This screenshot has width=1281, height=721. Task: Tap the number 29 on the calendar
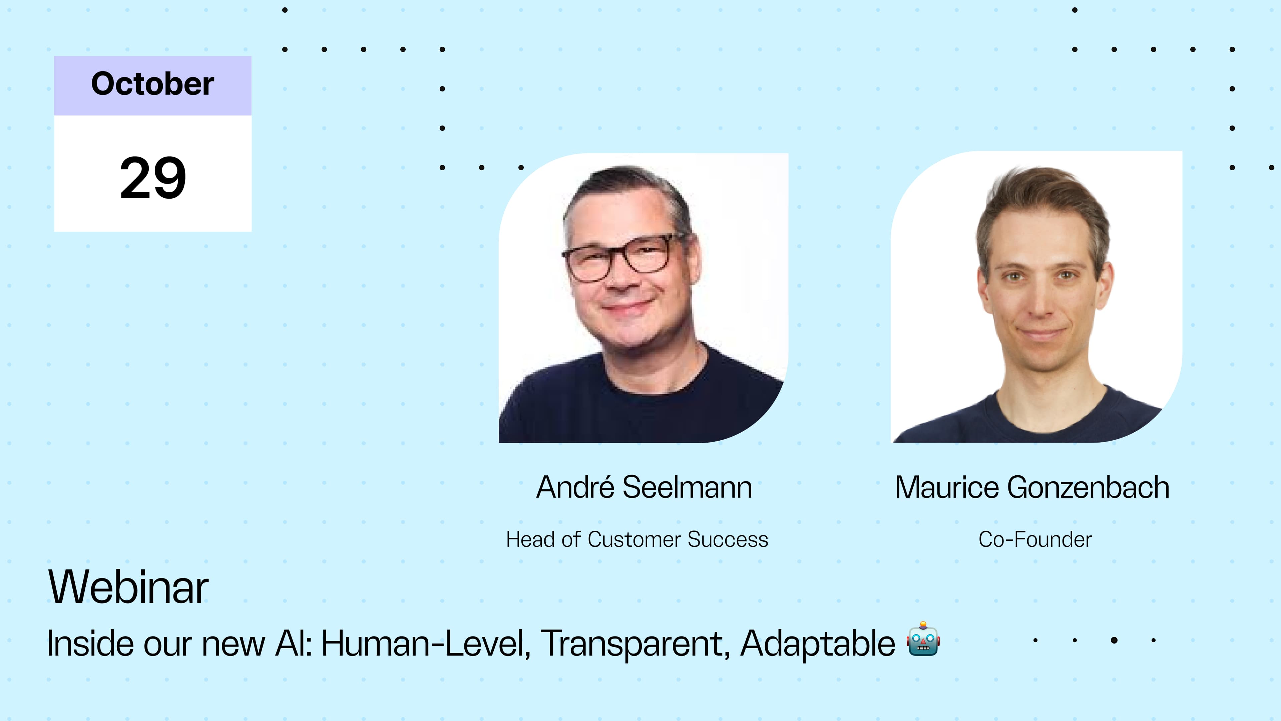tap(153, 178)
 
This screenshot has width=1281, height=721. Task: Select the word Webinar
tap(128, 587)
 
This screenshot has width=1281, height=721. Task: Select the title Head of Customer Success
tap(637, 539)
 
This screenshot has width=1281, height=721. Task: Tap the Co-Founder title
tap(1035, 539)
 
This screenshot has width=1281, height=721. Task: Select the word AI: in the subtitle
tap(294, 643)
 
